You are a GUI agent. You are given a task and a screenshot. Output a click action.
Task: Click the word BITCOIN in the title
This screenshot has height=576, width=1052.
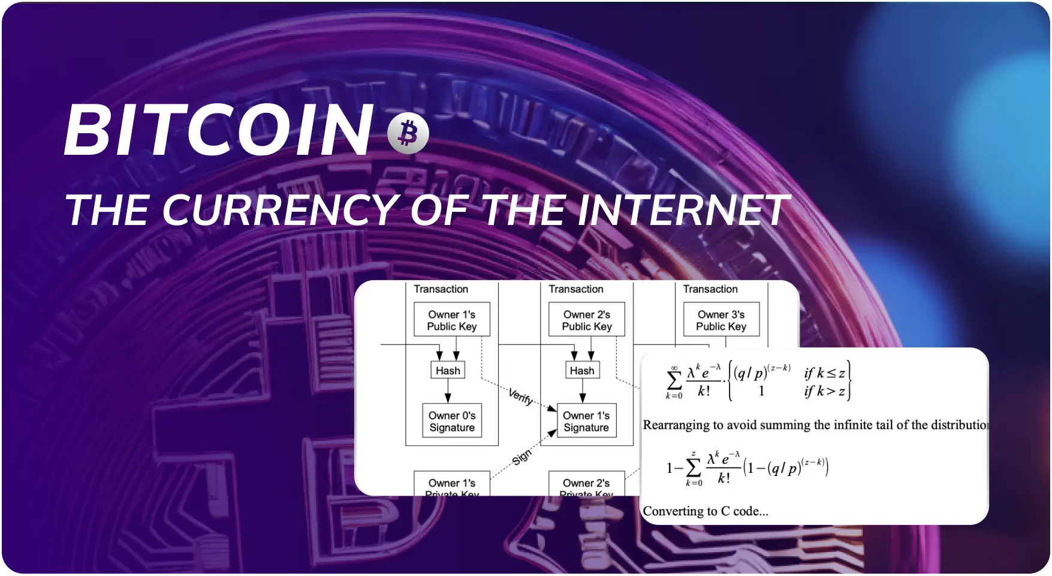218,131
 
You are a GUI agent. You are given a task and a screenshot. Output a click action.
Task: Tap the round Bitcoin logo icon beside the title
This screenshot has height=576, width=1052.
408,133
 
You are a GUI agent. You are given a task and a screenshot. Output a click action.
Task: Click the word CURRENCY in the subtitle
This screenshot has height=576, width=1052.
281,211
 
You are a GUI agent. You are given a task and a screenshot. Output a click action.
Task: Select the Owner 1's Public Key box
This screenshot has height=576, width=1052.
452,320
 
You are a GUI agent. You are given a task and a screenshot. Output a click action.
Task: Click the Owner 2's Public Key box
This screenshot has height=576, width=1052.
587,320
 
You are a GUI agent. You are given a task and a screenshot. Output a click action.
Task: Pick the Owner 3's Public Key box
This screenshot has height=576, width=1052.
721,320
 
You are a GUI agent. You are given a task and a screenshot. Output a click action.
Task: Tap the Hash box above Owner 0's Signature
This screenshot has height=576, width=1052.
448,370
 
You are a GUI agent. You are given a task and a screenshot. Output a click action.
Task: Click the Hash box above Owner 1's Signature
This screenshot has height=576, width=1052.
582,370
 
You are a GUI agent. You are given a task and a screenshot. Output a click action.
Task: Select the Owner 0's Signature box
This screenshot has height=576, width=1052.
452,421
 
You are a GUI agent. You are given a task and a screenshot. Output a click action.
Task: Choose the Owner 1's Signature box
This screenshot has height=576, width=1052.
586,421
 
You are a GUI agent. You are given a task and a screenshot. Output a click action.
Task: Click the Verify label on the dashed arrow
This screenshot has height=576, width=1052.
520,397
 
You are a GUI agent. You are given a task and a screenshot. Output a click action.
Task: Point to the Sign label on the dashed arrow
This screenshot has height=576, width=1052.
522,457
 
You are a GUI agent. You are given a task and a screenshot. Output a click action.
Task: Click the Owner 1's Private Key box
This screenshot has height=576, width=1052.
452,486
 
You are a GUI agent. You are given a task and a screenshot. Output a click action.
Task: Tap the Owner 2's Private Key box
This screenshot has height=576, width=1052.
586,486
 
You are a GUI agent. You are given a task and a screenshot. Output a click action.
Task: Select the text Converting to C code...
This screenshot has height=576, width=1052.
706,511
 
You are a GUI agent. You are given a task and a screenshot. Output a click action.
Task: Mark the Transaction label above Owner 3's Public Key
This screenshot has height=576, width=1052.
710,289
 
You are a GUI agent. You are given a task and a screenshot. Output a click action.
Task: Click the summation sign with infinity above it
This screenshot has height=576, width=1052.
674,380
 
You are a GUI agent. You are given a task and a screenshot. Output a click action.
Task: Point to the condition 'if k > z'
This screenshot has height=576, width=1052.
824,392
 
